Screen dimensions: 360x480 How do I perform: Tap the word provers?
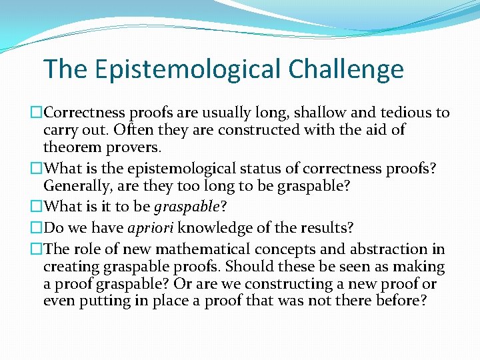point(131,147)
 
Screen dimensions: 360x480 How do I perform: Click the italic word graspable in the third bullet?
point(192,207)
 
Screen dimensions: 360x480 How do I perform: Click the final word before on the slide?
point(400,301)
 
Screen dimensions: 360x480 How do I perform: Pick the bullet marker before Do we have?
point(37,229)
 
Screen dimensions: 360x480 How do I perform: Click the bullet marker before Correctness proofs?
point(37,113)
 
